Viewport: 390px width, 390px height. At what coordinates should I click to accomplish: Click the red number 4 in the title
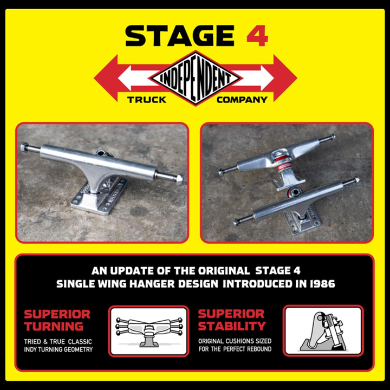tap(257, 36)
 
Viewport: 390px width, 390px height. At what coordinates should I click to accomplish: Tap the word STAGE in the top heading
tap(180, 36)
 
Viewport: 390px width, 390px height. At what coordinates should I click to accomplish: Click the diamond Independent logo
tap(196, 78)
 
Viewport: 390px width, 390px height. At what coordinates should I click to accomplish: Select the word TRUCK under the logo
tap(146, 100)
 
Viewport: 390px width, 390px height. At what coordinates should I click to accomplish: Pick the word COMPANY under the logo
tap(242, 100)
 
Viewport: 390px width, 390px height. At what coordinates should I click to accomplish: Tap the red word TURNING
tap(54, 326)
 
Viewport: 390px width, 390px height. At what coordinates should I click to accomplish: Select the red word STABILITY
tap(232, 326)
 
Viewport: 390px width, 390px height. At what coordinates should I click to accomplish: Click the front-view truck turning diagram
tap(149, 331)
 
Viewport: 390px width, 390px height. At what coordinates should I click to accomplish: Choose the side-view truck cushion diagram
tap(323, 330)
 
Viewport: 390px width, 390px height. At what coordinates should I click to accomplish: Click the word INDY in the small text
tap(30, 349)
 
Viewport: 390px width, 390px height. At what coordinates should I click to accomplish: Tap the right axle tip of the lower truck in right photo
tap(357, 180)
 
